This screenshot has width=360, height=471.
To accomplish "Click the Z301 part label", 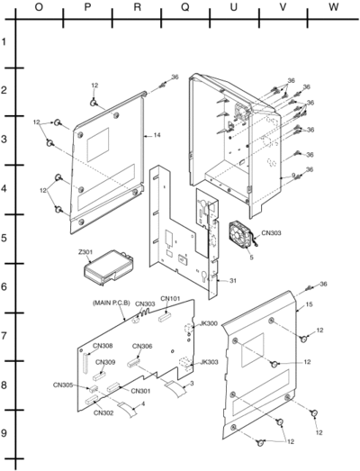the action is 85,252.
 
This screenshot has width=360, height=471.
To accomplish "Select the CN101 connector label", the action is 170,298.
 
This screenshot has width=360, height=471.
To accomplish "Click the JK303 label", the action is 209,362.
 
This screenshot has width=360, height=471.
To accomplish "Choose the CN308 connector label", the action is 103,346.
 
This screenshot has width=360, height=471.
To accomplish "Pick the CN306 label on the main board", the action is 142,346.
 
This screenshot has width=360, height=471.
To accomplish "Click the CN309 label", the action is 105,362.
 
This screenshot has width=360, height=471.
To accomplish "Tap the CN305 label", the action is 63,385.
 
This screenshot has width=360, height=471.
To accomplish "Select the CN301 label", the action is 140,391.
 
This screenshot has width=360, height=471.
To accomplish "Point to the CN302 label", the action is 103,412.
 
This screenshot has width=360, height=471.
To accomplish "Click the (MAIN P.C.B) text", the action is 111,303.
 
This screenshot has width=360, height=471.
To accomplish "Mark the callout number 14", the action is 157,135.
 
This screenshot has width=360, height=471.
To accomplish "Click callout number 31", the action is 233,281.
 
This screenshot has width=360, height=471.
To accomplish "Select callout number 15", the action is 309,304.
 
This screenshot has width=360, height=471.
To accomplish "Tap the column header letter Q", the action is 185,7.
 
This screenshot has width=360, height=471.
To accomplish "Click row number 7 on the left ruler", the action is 4,336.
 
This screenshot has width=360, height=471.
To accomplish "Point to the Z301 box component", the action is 108,267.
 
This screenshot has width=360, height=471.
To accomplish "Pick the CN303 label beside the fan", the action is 272,232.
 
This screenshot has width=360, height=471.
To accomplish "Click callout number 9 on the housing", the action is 293,175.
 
